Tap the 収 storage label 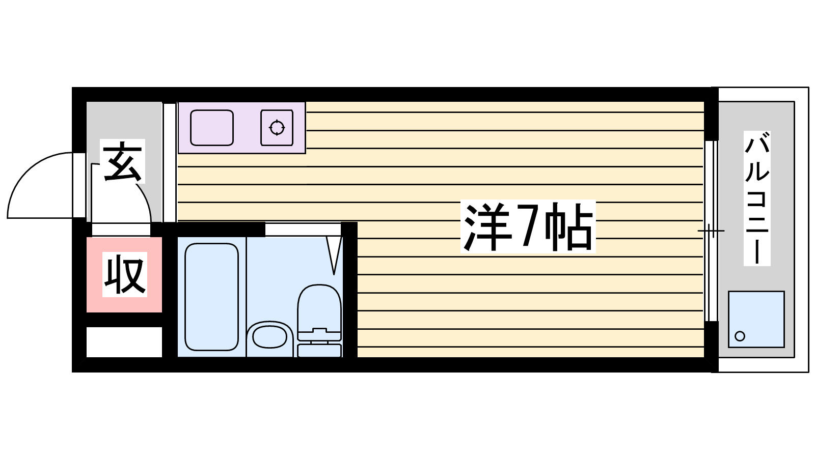(125, 275)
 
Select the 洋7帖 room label (528, 227)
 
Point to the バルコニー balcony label (756, 198)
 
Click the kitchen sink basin (212, 128)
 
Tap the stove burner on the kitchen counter (277, 128)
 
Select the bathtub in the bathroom (211, 297)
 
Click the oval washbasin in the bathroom (269, 336)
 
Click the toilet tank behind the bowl (319, 350)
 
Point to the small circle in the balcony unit (740, 336)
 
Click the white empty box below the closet (124, 342)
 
